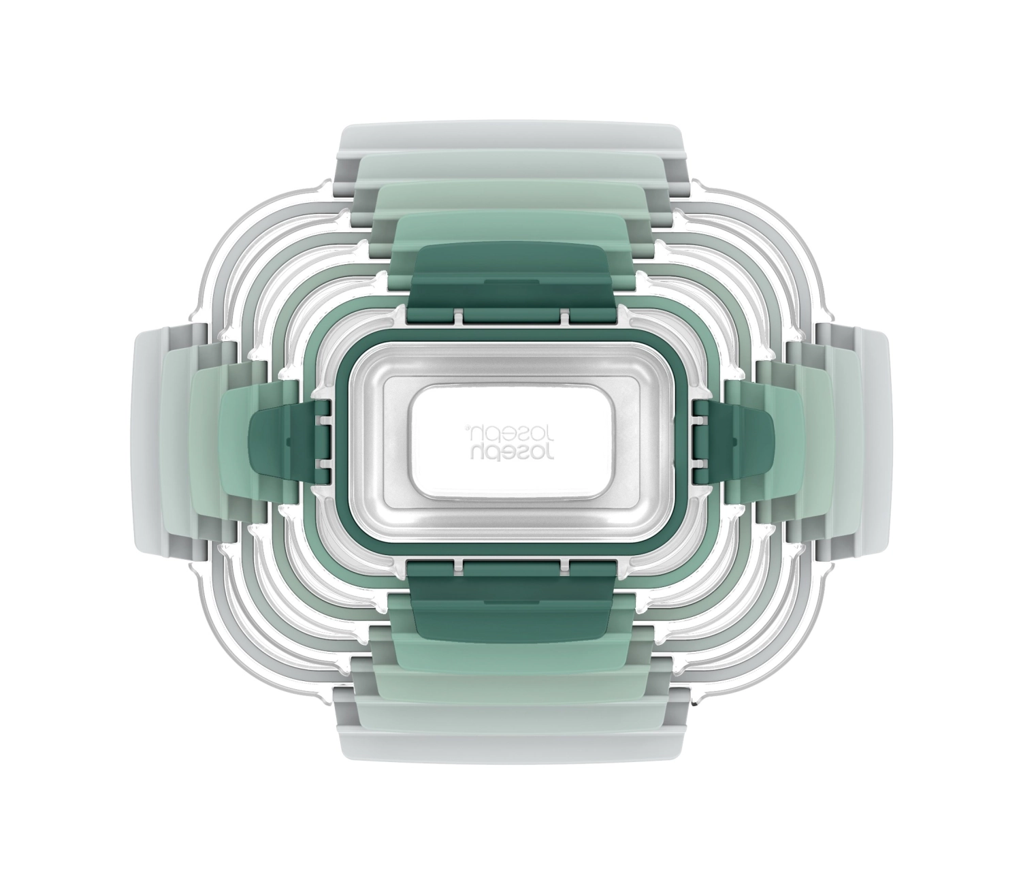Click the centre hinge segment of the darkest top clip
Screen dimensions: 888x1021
(x=513, y=317)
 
